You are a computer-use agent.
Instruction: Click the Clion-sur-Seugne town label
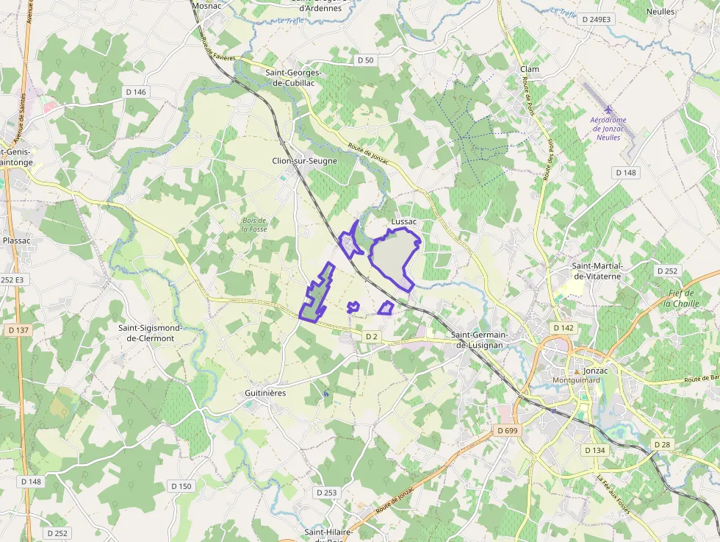tap(304, 161)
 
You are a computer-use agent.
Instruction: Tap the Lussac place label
tap(404, 221)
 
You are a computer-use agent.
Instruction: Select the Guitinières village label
tap(265, 393)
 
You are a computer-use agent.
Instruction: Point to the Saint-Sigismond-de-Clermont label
tap(146, 333)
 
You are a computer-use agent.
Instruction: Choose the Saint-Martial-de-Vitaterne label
tap(597, 271)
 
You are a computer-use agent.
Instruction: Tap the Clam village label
tap(529, 69)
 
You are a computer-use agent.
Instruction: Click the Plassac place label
tap(17, 240)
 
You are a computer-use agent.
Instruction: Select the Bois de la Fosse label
tap(254, 225)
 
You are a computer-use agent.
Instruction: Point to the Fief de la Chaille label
tap(684, 298)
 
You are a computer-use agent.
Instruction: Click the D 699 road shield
tap(507, 430)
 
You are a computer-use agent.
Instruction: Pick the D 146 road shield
tap(136, 92)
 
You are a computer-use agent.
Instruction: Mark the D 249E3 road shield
tap(595, 19)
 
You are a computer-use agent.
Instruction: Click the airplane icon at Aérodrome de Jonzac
tap(608, 110)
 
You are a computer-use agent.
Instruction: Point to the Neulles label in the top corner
tap(660, 12)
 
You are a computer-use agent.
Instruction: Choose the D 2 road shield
tap(372, 337)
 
